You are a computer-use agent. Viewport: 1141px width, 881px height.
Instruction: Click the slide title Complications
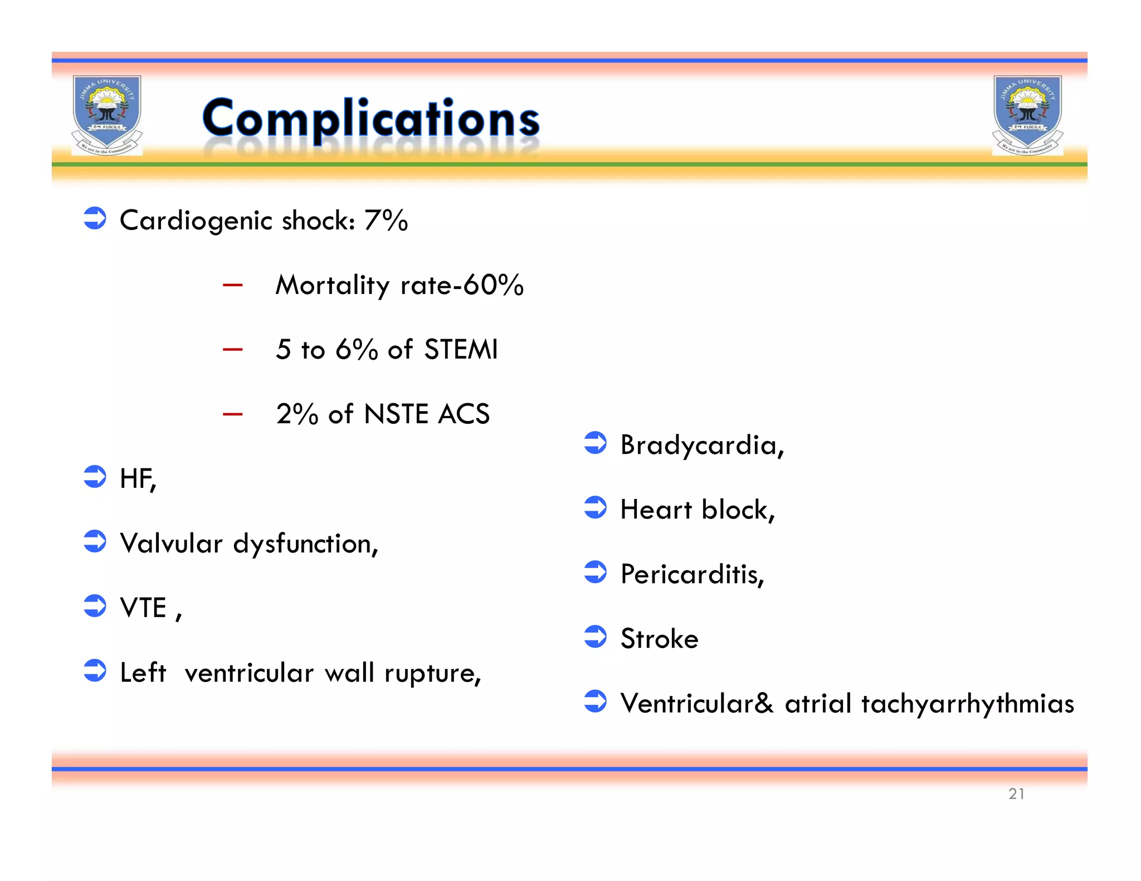coord(370,118)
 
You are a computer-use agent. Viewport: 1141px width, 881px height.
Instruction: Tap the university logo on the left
coord(107,115)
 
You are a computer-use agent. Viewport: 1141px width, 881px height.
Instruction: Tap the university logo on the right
coord(1027,115)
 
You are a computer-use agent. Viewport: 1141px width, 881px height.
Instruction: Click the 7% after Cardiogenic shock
coord(386,220)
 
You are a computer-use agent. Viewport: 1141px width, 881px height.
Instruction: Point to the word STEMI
coord(460,350)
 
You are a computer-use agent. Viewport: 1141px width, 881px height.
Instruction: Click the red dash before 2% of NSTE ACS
coord(232,414)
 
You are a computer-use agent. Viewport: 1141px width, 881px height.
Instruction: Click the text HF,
coord(138,479)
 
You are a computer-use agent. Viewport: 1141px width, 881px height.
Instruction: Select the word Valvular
coord(171,544)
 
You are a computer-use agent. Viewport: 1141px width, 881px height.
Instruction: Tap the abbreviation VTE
coord(143,608)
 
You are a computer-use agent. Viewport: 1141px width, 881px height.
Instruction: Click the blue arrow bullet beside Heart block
coord(595,508)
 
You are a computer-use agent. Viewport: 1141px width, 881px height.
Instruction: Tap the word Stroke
coord(659,639)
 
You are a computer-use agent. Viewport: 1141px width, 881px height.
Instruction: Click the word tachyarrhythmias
coord(967,704)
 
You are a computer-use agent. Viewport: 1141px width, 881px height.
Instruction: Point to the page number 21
coord(1016,794)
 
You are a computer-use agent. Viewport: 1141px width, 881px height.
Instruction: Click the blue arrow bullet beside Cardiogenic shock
coord(95,218)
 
